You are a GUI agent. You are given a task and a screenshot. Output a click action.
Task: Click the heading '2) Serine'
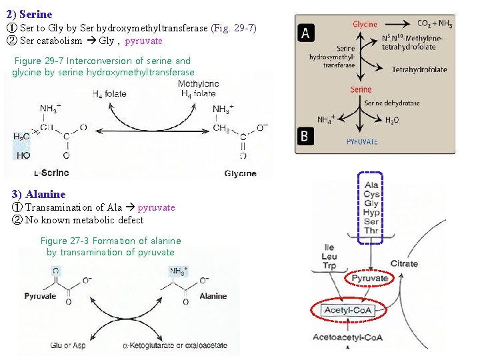point(29,14)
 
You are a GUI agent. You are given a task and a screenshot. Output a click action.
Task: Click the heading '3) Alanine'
point(39,195)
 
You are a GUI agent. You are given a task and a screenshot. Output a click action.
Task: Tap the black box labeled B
point(305,136)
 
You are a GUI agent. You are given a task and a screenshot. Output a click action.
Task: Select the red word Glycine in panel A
point(365,25)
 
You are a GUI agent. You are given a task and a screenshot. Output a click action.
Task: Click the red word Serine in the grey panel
point(361,89)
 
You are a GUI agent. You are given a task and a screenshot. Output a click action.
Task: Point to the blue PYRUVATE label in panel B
point(362,141)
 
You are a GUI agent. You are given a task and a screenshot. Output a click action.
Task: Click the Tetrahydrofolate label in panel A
point(419,69)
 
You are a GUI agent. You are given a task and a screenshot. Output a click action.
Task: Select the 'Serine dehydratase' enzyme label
point(392,103)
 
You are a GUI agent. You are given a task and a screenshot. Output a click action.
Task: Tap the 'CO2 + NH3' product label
point(435,25)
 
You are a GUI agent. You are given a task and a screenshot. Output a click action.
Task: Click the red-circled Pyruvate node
point(370,278)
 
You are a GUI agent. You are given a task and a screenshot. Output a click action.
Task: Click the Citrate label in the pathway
point(404,263)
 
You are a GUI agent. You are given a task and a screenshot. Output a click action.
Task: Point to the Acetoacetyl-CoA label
point(348,337)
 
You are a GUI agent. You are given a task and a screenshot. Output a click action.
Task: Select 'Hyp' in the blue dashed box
point(371,213)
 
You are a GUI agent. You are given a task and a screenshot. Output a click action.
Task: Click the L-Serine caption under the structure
point(51,173)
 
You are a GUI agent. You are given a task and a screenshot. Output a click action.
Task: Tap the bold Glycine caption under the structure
point(240,173)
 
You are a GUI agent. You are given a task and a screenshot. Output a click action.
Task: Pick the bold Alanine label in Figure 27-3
point(213,296)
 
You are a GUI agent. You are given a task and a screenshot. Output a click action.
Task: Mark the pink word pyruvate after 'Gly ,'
point(143,41)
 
